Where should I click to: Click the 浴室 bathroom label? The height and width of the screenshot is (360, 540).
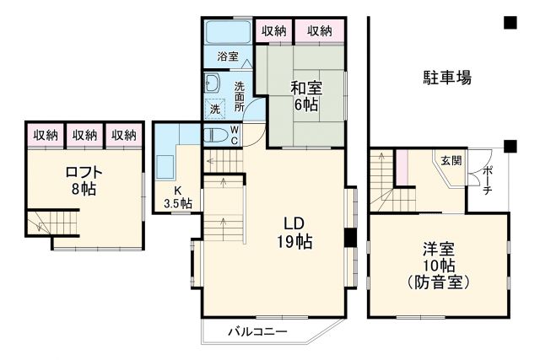[228, 57]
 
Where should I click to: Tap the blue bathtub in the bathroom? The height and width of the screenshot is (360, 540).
[228, 33]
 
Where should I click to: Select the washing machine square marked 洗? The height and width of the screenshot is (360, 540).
[214, 109]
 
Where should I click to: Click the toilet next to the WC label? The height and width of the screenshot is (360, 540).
[215, 134]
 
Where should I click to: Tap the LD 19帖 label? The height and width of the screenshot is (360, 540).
[294, 233]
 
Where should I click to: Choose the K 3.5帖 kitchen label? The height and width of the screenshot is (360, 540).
[177, 196]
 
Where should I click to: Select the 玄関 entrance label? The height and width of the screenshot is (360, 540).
[451, 160]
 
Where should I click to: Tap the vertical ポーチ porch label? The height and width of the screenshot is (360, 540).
[489, 180]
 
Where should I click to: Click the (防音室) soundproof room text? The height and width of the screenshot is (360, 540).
[439, 281]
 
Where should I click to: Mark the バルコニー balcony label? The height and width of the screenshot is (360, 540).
[257, 331]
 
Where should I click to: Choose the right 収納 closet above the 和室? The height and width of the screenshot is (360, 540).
[320, 31]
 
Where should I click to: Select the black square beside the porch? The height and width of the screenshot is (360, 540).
[510, 147]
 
